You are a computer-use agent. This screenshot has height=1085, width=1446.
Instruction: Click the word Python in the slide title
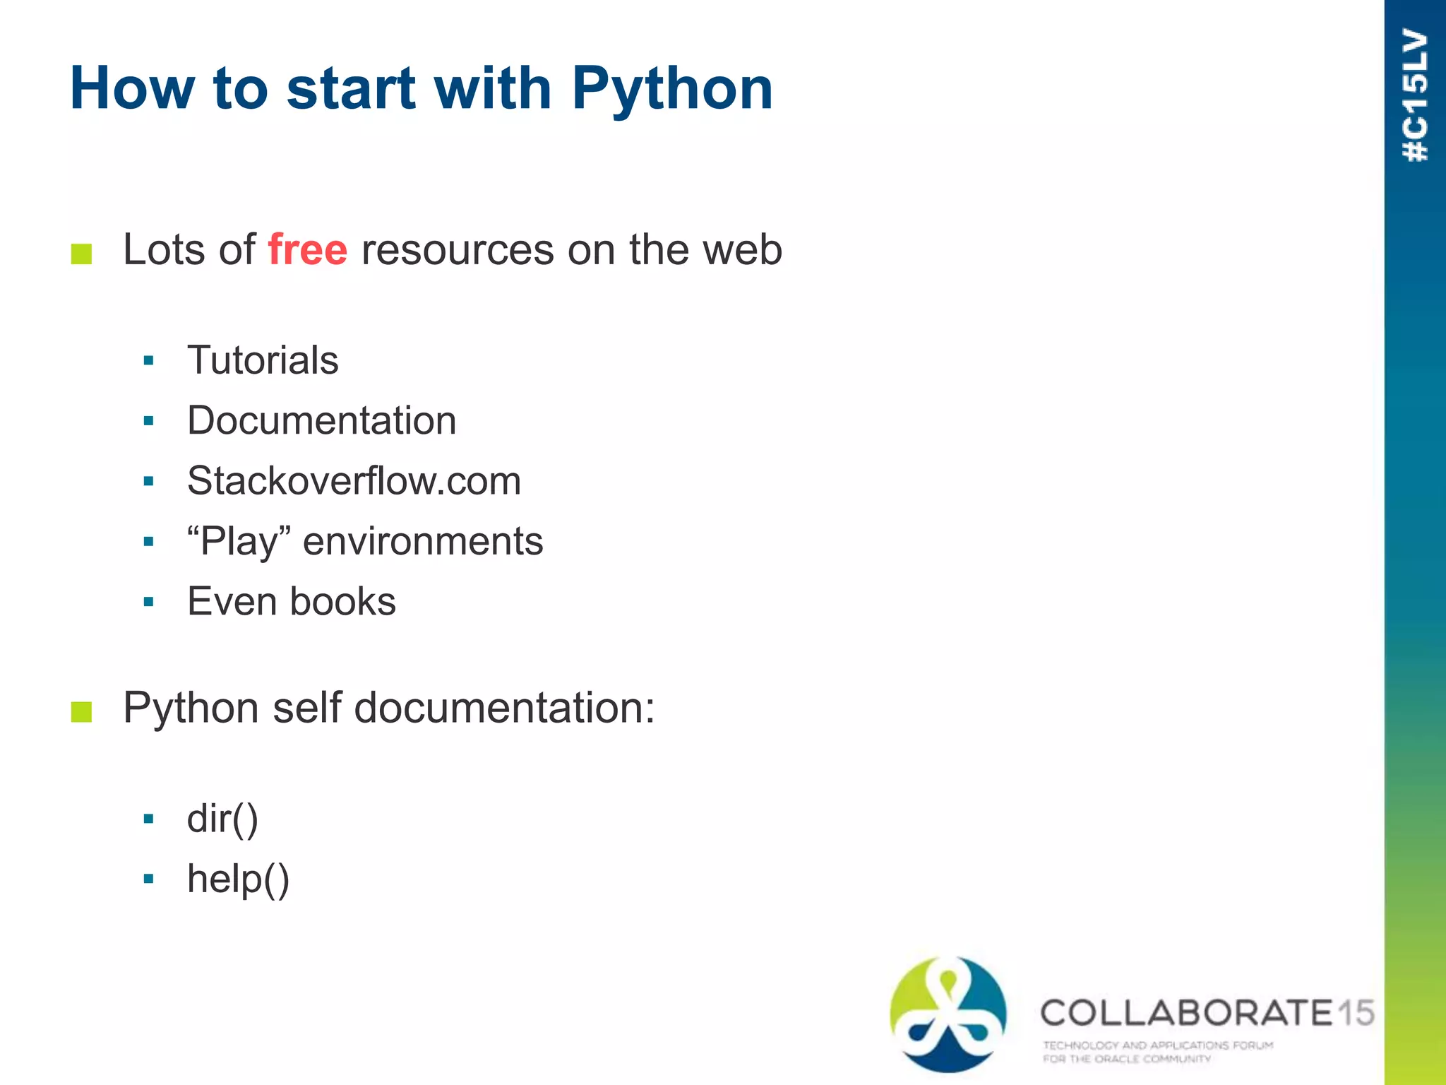click(672, 89)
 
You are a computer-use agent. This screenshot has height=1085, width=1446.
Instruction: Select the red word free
click(308, 249)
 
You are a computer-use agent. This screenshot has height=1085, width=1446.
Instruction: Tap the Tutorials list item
click(263, 360)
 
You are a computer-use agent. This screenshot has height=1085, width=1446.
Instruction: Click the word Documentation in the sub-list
click(321, 421)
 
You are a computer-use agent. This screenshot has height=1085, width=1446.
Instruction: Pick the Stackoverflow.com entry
click(354, 481)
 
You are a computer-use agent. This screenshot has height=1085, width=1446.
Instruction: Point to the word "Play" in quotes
click(239, 542)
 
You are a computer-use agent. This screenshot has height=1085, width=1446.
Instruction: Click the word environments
click(423, 542)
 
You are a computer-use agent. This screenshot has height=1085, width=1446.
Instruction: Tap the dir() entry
click(222, 819)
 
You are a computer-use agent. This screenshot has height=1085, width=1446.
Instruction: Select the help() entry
click(238, 879)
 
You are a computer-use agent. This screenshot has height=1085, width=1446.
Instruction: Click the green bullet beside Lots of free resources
click(82, 254)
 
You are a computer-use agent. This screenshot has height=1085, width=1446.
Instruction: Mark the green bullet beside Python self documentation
click(82, 711)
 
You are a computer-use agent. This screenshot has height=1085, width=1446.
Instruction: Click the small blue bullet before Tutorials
click(148, 361)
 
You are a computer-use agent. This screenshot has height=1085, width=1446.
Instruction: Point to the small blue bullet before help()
click(148, 879)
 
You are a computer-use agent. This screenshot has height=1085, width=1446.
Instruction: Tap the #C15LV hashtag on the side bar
click(1415, 95)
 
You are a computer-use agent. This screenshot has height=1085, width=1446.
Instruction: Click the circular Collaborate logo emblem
click(948, 1014)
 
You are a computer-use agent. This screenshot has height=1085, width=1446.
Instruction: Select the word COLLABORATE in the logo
click(1186, 1013)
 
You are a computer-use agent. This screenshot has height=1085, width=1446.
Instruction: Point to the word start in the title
click(351, 89)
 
